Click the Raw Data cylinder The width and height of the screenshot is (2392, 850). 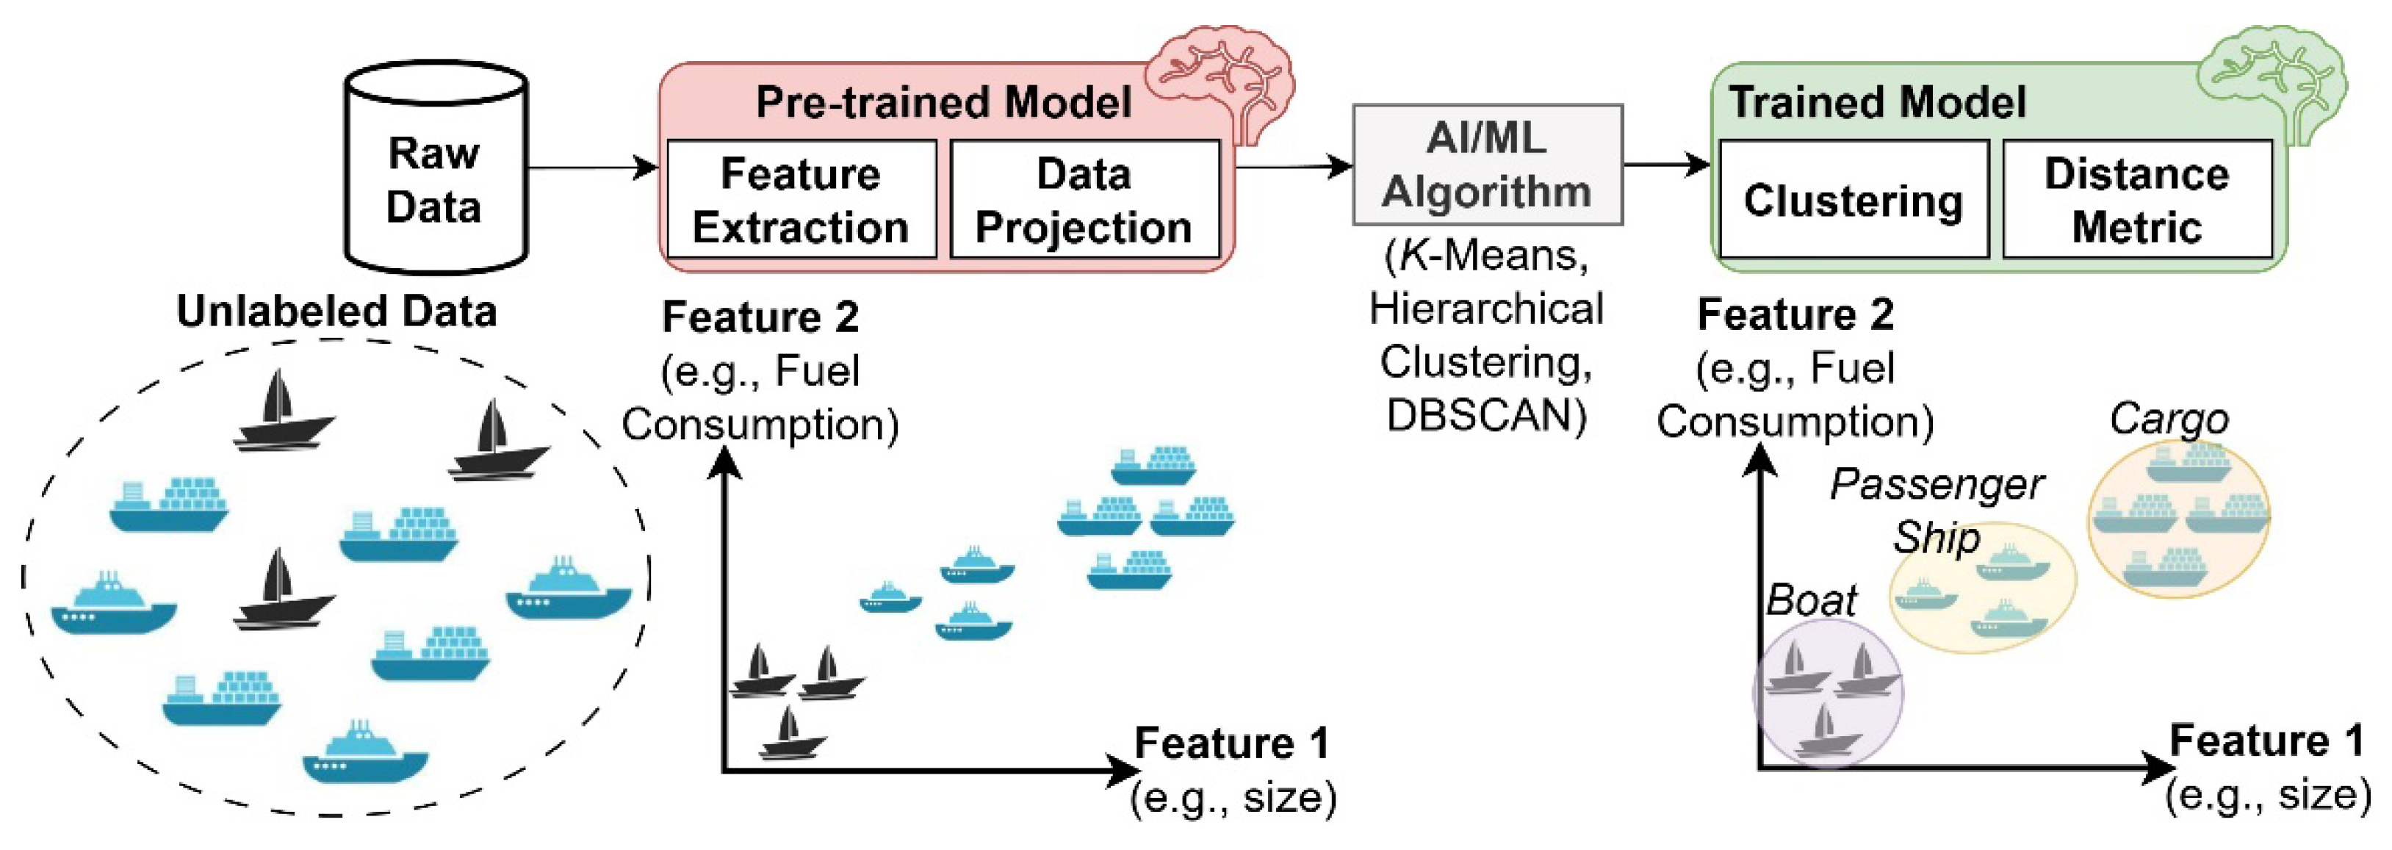(436, 176)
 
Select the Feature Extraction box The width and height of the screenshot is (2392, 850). (801, 200)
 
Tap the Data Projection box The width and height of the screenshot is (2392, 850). (1084, 200)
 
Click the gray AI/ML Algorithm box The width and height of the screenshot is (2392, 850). (1487, 165)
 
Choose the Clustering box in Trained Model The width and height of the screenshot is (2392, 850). (1853, 200)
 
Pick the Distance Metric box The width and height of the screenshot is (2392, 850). (2136, 200)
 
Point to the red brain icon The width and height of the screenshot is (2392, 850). (1221, 79)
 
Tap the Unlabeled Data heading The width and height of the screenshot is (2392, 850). (336, 311)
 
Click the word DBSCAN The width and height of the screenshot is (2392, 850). (1485, 415)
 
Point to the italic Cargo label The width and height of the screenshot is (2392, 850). (2168, 419)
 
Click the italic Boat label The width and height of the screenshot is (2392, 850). (1811, 600)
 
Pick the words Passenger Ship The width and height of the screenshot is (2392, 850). (1936, 509)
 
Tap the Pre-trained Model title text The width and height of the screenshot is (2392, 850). (943, 102)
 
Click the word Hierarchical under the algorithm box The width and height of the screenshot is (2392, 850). (1485, 309)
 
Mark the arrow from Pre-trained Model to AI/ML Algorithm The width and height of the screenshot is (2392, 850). (1294, 168)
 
